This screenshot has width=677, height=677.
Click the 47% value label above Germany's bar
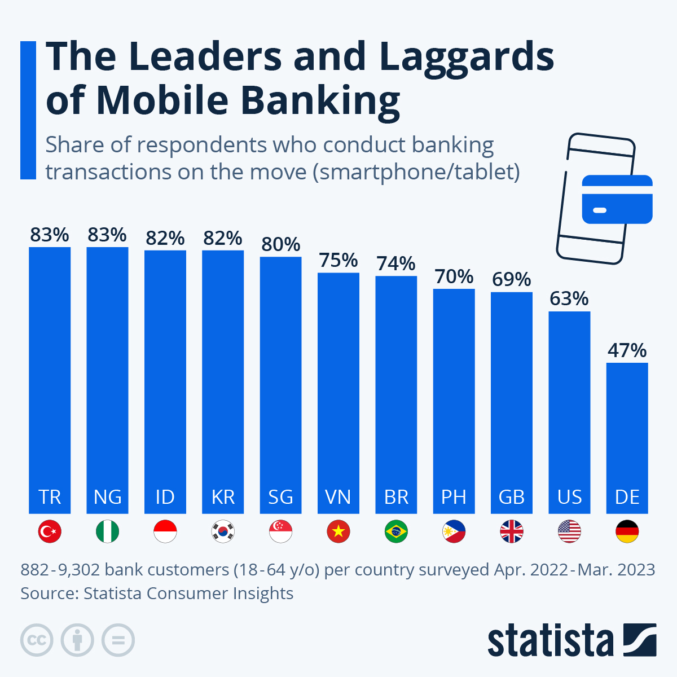pos(627,350)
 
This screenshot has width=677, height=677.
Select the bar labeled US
pos(569,412)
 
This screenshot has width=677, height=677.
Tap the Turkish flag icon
pos(50,531)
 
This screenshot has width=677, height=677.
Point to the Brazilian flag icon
pos(396,531)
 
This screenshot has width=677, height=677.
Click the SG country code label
pos(280,497)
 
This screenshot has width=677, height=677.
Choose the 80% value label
pos(280,244)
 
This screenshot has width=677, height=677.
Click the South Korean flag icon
pos(223,531)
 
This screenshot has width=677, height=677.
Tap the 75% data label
pos(338,260)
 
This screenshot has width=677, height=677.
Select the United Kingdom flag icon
pos(512,531)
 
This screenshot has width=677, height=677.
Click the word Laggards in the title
pos(467,58)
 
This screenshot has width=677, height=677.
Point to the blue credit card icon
pos(617,199)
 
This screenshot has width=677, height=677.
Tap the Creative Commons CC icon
pos(37,640)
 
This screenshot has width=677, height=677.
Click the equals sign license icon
pos(118,640)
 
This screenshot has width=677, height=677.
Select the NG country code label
pos(107,497)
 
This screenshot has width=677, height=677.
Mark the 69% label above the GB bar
pos(512,279)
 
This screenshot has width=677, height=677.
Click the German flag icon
pos(627,531)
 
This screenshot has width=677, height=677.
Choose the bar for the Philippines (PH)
pos(454,401)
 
